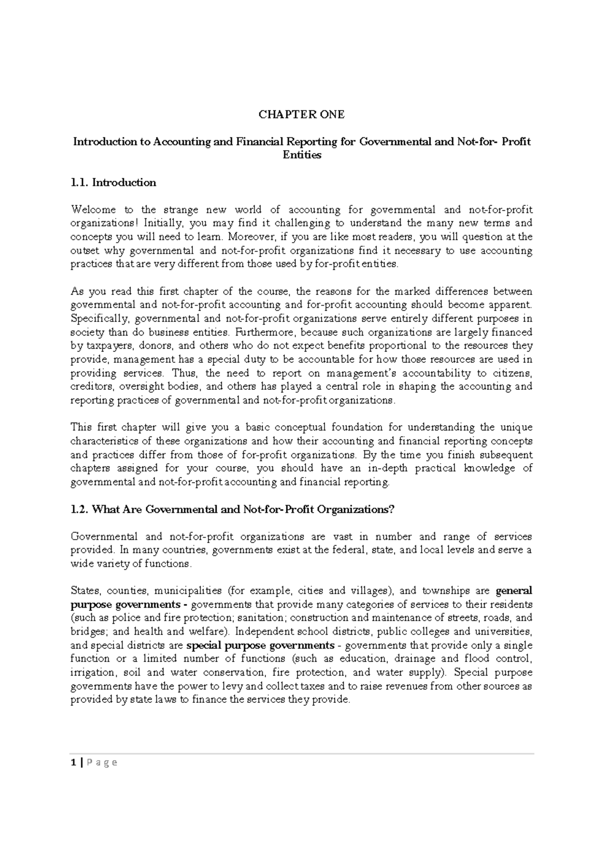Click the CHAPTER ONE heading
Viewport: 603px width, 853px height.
click(301, 115)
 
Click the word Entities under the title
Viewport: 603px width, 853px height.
click(301, 155)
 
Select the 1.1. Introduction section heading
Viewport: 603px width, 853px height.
click(114, 183)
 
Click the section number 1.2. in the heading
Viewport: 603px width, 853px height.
click(80, 509)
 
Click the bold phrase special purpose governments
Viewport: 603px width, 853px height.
click(260, 646)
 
